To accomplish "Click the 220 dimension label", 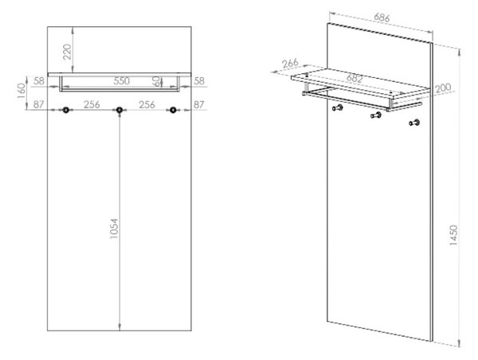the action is pyautogui.click(x=67, y=52).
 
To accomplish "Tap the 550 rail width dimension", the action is pyautogui.click(x=122, y=81).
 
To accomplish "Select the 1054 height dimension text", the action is pyautogui.click(x=114, y=229).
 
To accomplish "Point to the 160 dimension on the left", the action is pyautogui.click(x=22, y=91).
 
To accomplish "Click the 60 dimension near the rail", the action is pyautogui.click(x=155, y=81).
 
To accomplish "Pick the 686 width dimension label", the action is pyautogui.click(x=382, y=18).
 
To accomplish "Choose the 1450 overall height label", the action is pyautogui.click(x=453, y=235).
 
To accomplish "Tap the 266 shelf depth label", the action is pyautogui.click(x=290, y=63).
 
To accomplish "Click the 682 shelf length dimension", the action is pyautogui.click(x=355, y=78).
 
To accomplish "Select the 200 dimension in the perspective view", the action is pyautogui.click(x=443, y=88).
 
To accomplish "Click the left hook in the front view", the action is pyautogui.click(x=65, y=110).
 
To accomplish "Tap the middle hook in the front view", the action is pyautogui.click(x=119, y=110).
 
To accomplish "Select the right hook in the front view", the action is pyautogui.click(x=173, y=110).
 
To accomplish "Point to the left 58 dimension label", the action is pyautogui.click(x=39, y=81).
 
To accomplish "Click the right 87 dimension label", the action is pyautogui.click(x=198, y=105).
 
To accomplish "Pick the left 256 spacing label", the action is pyautogui.click(x=92, y=104).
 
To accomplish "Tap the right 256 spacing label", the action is pyautogui.click(x=147, y=104).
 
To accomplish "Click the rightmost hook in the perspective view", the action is pyautogui.click(x=414, y=123).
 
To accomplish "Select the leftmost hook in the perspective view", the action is pyautogui.click(x=338, y=108).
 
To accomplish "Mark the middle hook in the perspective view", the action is pyautogui.click(x=376, y=115).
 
